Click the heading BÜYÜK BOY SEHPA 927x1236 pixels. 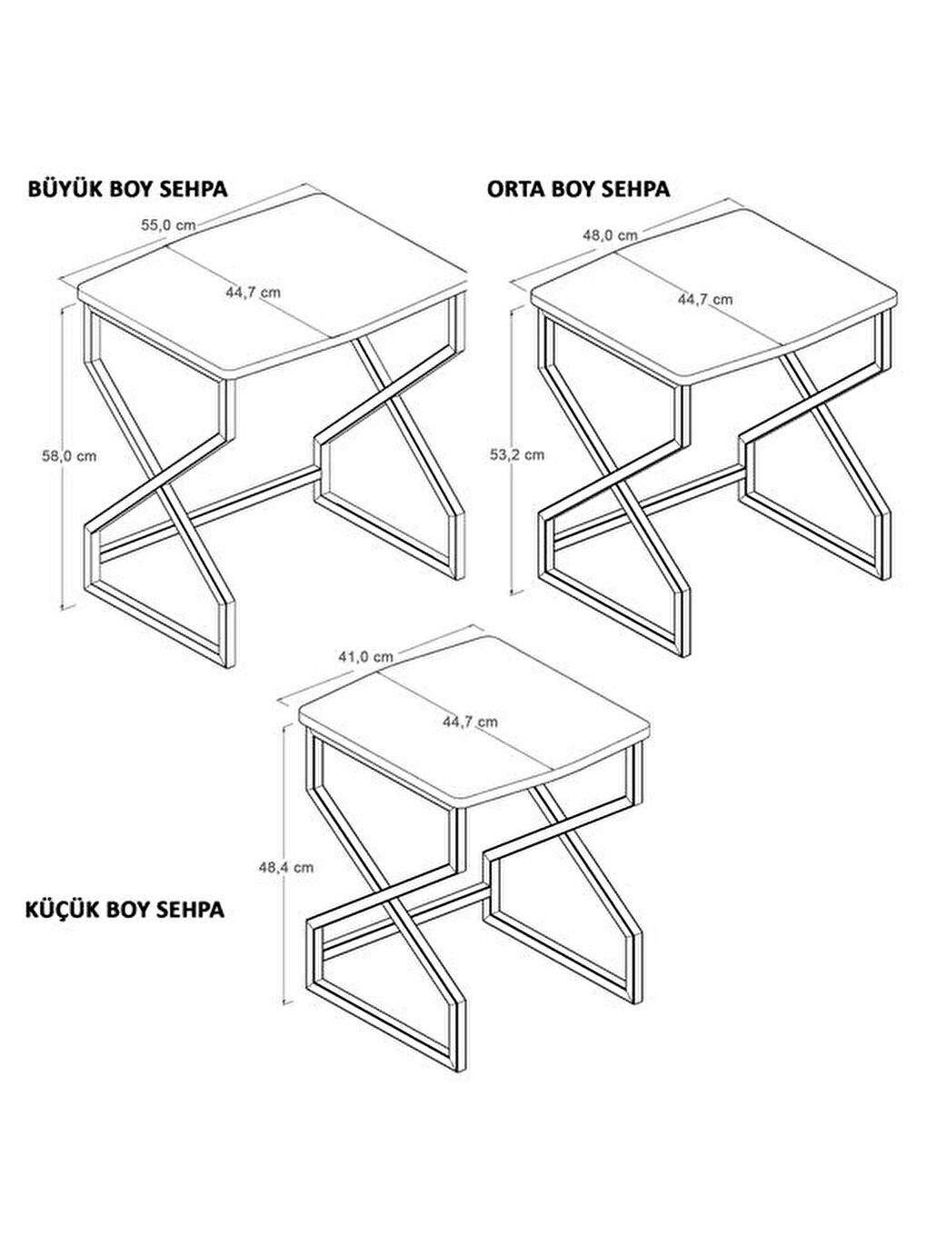128,189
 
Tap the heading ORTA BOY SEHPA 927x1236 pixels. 579,189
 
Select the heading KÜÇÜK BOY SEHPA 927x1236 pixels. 125,910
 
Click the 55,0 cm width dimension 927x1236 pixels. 168,225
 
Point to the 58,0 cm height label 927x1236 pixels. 69,456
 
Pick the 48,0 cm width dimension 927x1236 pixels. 610,235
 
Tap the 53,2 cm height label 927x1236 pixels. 517,455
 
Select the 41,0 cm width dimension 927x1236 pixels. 366,656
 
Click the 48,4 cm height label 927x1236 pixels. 286,868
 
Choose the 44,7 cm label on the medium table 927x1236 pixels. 705,300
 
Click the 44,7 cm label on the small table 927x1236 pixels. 471,722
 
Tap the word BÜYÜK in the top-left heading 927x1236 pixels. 65,189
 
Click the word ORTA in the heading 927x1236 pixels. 516,189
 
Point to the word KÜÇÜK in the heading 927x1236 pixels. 63,910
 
